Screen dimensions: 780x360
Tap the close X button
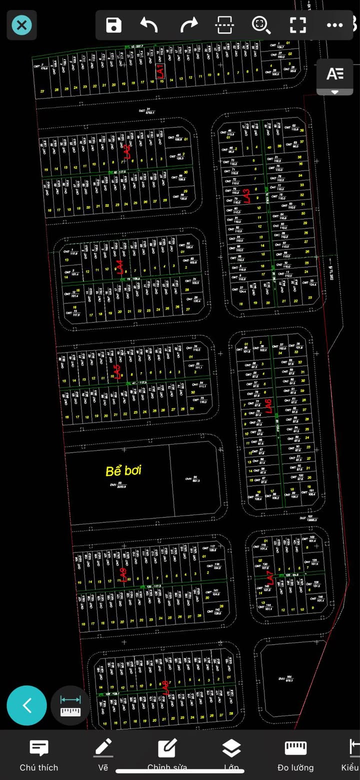(x=21, y=25)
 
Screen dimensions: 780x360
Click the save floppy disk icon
(x=114, y=25)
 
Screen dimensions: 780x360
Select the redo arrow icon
(x=188, y=25)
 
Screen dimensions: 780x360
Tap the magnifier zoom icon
(x=260, y=25)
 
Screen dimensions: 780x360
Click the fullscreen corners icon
(x=298, y=25)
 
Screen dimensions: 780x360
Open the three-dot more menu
(x=334, y=25)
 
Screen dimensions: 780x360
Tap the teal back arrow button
(x=27, y=705)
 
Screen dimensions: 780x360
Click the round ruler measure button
(x=70, y=705)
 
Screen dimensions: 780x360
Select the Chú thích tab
(x=39, y=755)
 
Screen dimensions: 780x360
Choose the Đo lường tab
(x=295, y=755)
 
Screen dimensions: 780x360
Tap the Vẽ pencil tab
(x=103, y=755)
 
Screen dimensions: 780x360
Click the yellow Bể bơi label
(x=123, y=470)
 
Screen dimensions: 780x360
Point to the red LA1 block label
(x=160, y=71)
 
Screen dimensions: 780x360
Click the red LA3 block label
(x=246, y=195)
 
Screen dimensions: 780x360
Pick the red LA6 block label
(x=268, y=406)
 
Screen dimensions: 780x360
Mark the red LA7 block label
(x=270, y=579)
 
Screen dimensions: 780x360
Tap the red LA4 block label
(x=119, y=267)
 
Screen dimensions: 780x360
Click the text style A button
(x=335, y=74)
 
